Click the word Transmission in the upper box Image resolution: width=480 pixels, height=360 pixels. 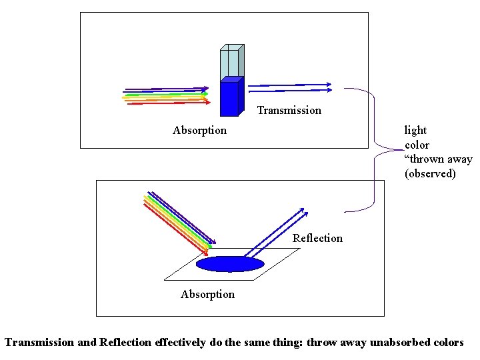point(289,111)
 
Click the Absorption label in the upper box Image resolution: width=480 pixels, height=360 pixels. point(199,131)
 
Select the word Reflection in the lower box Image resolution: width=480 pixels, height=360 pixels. point(317,239)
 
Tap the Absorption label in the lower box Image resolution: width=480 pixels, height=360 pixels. point(207,295)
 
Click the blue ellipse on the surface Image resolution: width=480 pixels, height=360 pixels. point(230,265)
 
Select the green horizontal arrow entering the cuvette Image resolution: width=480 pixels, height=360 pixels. point(167,95)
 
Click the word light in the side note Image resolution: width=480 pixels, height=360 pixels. point(415,131)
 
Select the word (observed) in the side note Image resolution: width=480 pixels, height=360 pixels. point(430,174)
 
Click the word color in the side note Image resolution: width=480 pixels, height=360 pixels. point(417,145)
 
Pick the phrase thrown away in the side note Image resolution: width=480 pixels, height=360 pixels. point(440,159)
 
